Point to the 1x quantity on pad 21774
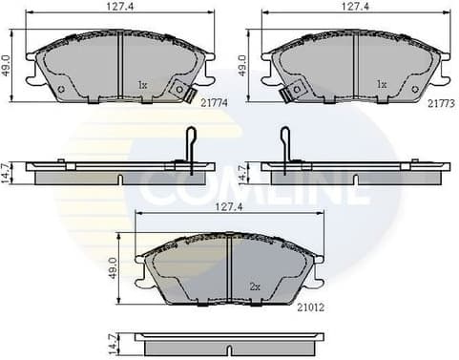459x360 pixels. coord(142,85)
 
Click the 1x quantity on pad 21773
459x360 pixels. coord(381,85)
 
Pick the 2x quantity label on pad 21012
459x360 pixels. coord(255,286)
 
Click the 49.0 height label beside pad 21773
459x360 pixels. coord(242,64)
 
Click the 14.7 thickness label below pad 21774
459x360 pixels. coord(8,172)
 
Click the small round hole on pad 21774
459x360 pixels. coord(61,92)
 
